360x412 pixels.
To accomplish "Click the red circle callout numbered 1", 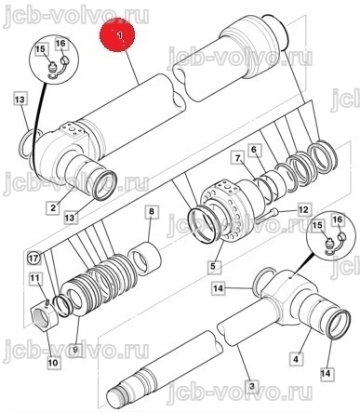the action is [117, 34].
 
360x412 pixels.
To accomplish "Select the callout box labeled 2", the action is [53, 207].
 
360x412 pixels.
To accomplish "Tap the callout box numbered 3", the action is [252, 386].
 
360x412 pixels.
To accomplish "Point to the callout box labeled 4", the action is [296, 359].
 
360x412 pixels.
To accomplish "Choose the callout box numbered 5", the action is [213, 266].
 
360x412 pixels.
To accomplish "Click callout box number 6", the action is [254, 150].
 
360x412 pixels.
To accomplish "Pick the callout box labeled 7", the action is [237, 159].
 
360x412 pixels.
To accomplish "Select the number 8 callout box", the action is [152, 212].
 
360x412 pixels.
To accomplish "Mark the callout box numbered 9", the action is [75, 351].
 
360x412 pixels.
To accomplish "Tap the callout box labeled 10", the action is [53, 362].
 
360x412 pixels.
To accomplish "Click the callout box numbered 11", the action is [34, 278].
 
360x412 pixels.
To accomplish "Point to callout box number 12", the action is [304, 210].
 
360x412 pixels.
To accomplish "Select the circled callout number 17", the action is [34, 258].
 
